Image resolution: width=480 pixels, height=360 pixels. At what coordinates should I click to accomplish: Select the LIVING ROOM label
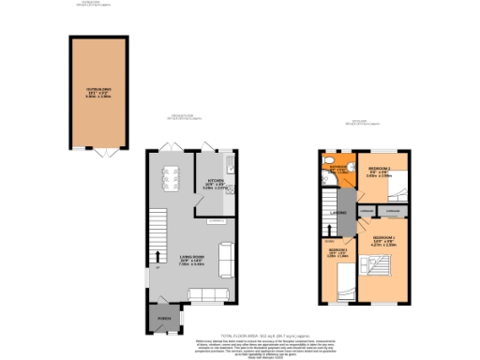[x=192, y=263]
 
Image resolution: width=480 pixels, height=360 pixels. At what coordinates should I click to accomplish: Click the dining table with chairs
[x=171, y=180]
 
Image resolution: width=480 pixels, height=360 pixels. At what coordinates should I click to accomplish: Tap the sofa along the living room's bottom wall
[x=208, y=295]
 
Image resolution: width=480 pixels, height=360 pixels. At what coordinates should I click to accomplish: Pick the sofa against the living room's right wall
[x=226, y=256]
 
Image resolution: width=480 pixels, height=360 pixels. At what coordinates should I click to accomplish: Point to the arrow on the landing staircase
[x=327, y=209]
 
